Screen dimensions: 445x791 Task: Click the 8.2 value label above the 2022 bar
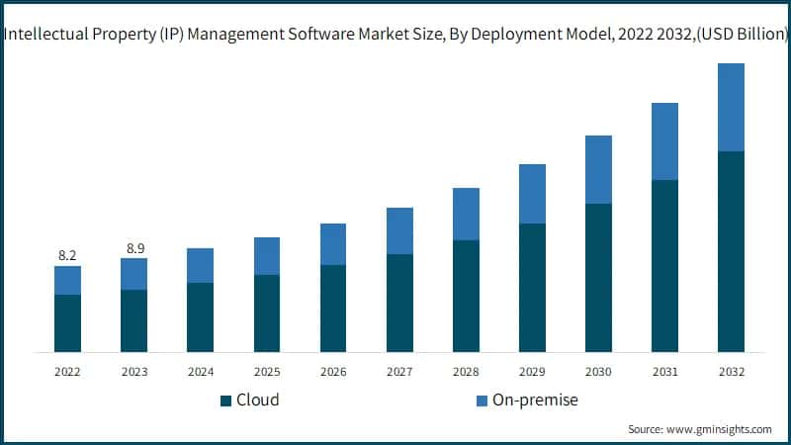[x=67, y=255]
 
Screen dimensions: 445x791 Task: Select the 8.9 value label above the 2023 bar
[x=133, y=247]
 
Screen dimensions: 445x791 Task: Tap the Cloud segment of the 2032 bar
[x=731, y=251]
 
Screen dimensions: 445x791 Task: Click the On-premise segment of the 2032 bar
[x=731, y=107]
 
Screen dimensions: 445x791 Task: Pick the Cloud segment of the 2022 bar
[x=67, y=322]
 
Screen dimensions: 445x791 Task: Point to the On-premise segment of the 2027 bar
[x=399, y=230]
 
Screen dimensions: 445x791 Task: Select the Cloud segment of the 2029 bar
[x=532, y=287]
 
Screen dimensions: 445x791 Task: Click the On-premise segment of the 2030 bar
[x=598, y=169]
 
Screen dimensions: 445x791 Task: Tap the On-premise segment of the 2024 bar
[x=200, y=265]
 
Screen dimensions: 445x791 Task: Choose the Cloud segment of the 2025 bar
[x=267, y=312]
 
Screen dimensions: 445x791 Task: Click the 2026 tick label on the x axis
[x=333, y=372]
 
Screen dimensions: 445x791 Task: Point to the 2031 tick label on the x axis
[x=664, y=372]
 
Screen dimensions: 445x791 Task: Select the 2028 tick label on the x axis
[x=466, y=372]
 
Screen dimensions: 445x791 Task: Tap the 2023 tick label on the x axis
[x=133, y=372]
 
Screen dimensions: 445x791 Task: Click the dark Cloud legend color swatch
[x=225, y=400]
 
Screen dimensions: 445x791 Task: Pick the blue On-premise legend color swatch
[x=482, y=400]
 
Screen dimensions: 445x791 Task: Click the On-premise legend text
[x=536, y=400]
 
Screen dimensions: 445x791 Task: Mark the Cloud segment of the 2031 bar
[x=664, y=265]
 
